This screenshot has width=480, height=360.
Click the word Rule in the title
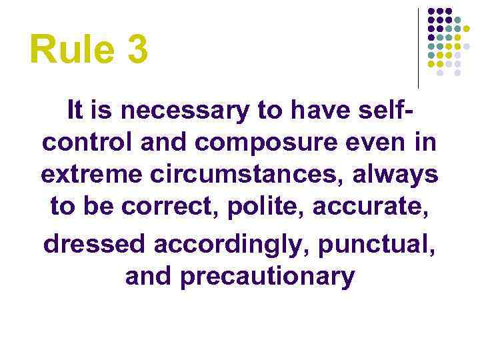(x=67, y=51)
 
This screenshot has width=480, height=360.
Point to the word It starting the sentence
(x=75, y=111)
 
